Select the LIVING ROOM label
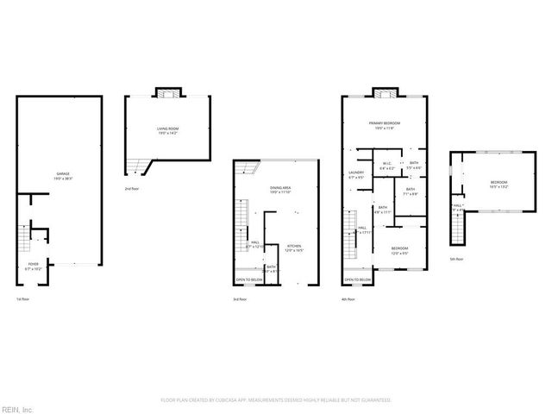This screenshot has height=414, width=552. pyautogui.click(x=167, y=130)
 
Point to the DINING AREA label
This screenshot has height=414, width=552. pyautogui.click(x=279, y=189)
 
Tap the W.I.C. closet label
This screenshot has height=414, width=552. pyautogui.click(x=387, y=165)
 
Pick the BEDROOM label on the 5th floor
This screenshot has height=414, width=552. pyautogui.click(x=499, y=183)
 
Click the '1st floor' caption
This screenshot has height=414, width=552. pyautogui.click(x=23, y=298)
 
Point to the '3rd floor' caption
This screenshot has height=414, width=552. pyautogui.click(x=241, y=298)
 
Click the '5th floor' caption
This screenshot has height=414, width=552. pyautogui.click(x=457, y=259)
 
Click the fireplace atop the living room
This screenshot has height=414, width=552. pyautogui.click(x=166, y=92)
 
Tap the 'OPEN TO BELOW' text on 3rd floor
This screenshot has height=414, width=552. pyautogui.click(x=250, y=280)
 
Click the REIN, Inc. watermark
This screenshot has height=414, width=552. pyautogui.click(x=16, y=407)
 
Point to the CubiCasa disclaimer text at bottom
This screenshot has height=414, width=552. pyautogui.click(x=276, y=400)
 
